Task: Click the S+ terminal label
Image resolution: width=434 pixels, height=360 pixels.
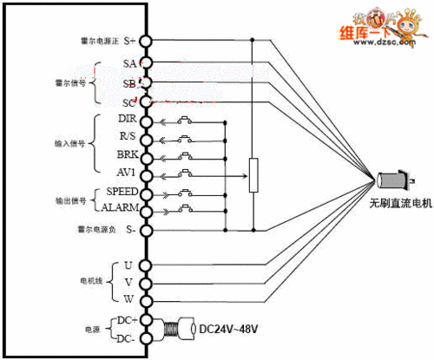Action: [129, 41]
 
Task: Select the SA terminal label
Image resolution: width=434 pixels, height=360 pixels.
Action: [129, 63]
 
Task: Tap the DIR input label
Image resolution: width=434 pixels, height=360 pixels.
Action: [124, 119]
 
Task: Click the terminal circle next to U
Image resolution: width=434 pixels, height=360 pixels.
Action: [146, 265]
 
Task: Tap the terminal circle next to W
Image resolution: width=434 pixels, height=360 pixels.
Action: [146, 299]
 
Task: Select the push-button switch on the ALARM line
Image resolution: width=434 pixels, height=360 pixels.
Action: [186, 209]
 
